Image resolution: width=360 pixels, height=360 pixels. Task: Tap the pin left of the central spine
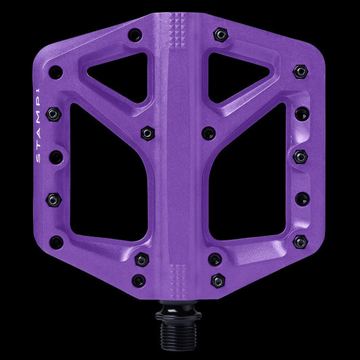tap(146, 134)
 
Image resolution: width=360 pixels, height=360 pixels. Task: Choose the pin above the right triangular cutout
tap(220, 34)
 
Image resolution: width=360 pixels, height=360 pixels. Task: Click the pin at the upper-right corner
tap(300, 71)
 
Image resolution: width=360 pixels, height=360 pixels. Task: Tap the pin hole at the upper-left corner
tap(56, 72)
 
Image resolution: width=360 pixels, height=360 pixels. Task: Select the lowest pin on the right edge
tap(300, 241)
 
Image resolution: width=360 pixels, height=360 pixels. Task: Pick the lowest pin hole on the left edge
tap(57, 242)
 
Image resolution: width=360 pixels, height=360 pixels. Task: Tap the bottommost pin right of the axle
tap(217, 280)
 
